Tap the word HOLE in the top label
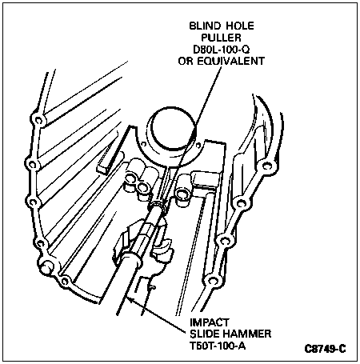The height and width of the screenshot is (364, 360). pos(240,26)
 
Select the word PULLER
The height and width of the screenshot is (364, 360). pos(221,38)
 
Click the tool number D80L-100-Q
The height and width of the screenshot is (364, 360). pos(222,50)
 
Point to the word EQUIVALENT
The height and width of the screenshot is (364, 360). pos(230,61)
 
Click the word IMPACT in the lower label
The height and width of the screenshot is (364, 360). pos(209,322)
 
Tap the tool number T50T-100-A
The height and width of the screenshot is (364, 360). pos(218,346)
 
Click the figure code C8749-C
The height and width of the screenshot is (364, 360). pos(325,349)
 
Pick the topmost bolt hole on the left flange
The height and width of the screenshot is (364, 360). pos(38,121)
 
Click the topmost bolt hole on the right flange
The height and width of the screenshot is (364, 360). pos(266,166)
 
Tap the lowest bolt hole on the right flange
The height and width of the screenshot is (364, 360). pos(212,281)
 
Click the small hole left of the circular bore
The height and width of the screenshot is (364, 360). pos(144,144)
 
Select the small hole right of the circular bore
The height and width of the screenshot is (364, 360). pos(198,145)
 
